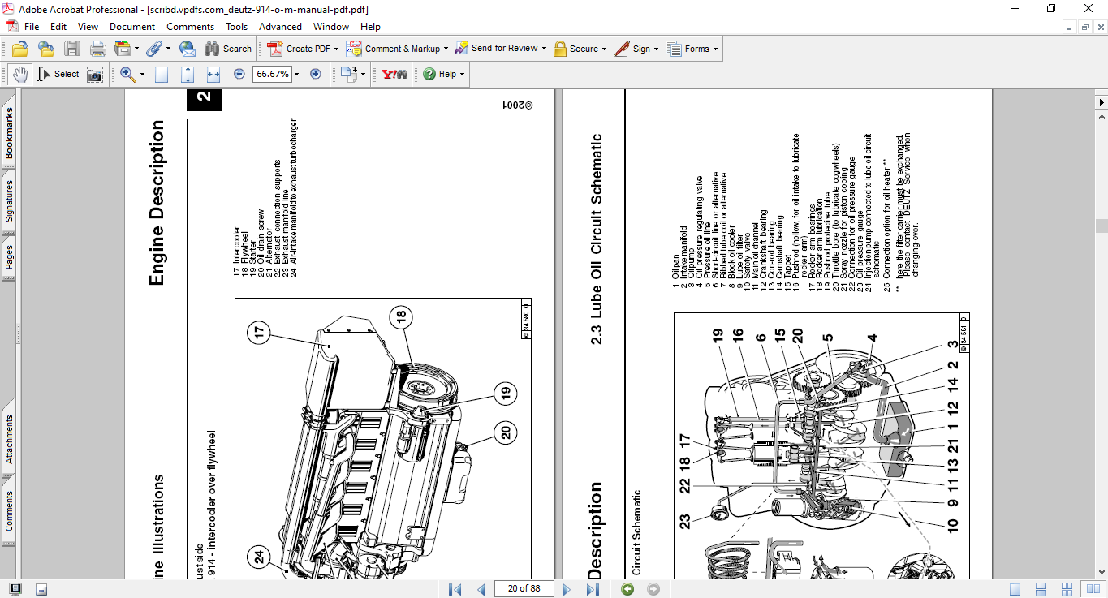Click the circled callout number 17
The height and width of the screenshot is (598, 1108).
click(259, 333)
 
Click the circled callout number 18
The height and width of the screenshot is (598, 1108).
click(400, 317)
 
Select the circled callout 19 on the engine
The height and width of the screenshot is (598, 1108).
click(505, 394)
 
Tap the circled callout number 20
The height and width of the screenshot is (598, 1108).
click(507, 432)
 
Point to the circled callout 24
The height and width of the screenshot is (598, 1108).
click(259, 557)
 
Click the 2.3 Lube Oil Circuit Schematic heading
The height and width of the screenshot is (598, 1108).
click(597, 239)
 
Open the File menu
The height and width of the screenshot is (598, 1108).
click(32, 27)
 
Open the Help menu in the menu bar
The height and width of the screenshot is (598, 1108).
click(370, 27)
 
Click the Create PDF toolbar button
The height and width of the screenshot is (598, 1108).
click(299, 49)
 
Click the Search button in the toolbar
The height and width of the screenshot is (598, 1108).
click(228, 49)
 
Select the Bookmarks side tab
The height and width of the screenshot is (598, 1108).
click(9, 133)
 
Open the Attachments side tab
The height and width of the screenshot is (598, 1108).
click(9, 439)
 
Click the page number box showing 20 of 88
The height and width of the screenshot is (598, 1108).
click(524, 588)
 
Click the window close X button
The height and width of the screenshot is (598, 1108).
click(1089, 8)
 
